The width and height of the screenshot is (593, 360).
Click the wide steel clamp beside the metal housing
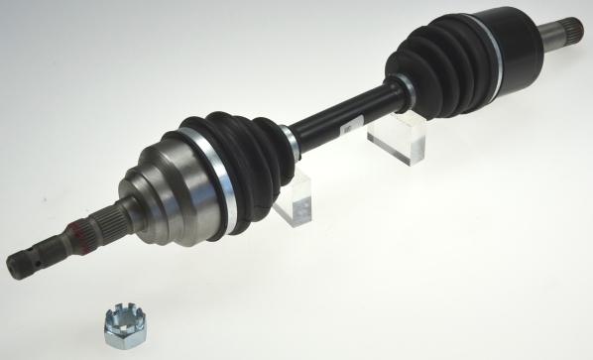pos(219,179)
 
